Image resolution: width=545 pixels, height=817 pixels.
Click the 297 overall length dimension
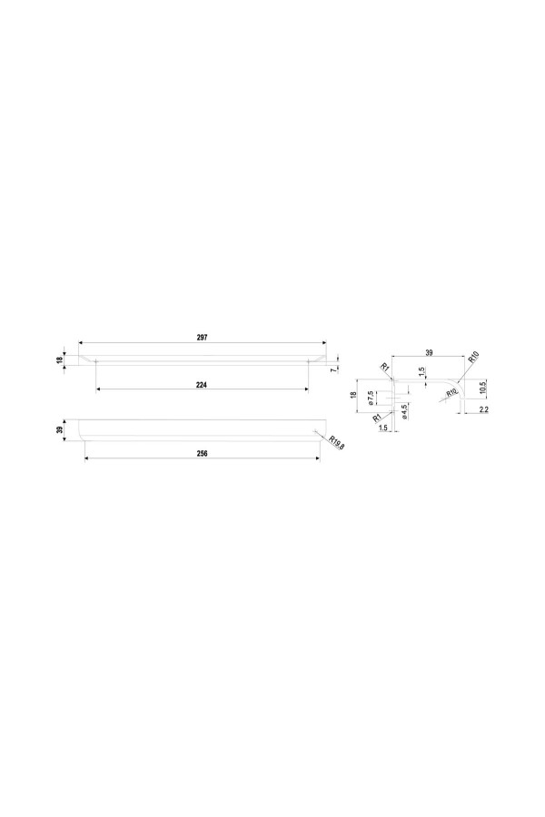point(203,337)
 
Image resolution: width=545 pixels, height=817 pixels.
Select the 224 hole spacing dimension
point(202,385)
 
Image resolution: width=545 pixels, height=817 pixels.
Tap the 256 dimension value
point(203,453)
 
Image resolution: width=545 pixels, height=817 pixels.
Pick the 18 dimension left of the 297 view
point(60,359)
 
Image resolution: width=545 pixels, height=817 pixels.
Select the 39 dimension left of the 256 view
point(60,430)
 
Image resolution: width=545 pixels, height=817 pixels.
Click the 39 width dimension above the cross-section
point(429,353)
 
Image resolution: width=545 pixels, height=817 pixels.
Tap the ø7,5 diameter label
point(370,398)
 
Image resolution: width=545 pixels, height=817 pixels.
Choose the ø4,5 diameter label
point(405,410)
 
